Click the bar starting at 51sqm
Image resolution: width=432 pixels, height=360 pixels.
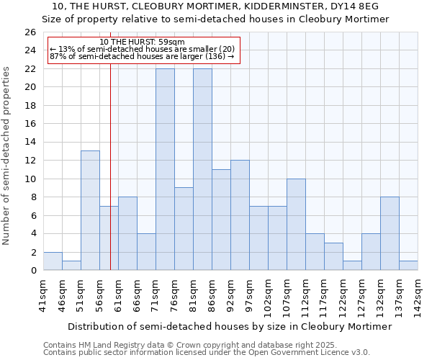[90, 210]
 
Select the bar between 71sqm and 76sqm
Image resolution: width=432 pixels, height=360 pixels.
[165, 169]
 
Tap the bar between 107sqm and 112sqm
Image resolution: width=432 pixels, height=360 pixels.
[296, 224]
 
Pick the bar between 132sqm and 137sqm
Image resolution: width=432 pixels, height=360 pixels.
[390, 233]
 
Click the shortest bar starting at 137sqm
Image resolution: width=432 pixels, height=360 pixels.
[408, 266]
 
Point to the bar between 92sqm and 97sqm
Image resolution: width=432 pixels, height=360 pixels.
[240, 215]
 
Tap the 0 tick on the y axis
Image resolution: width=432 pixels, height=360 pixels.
[32, 270]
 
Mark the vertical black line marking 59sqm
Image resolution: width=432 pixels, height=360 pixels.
[110, 180]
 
